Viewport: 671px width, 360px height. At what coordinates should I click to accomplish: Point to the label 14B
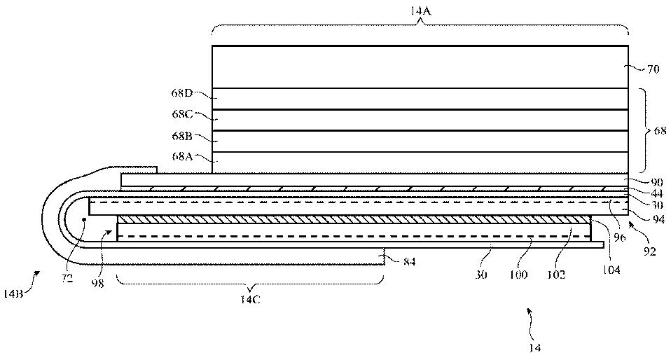click(14, 295)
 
